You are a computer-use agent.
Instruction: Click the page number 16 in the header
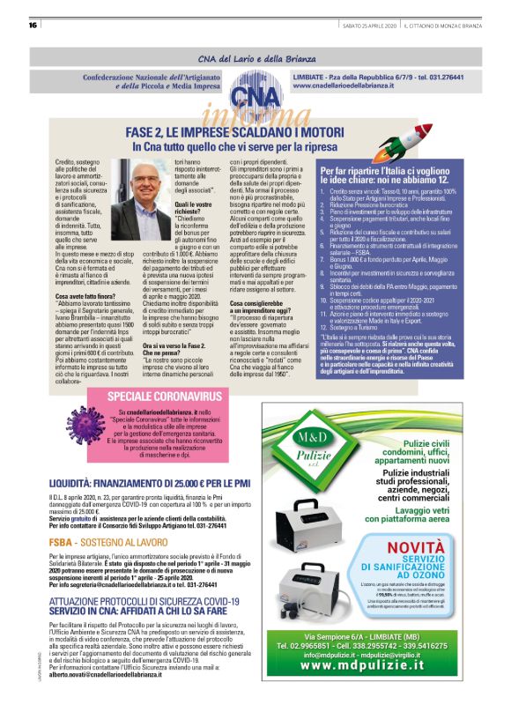pos(33,24)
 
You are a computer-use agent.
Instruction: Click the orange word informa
pos(255,114)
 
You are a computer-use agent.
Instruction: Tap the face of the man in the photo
pos(122,182)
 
